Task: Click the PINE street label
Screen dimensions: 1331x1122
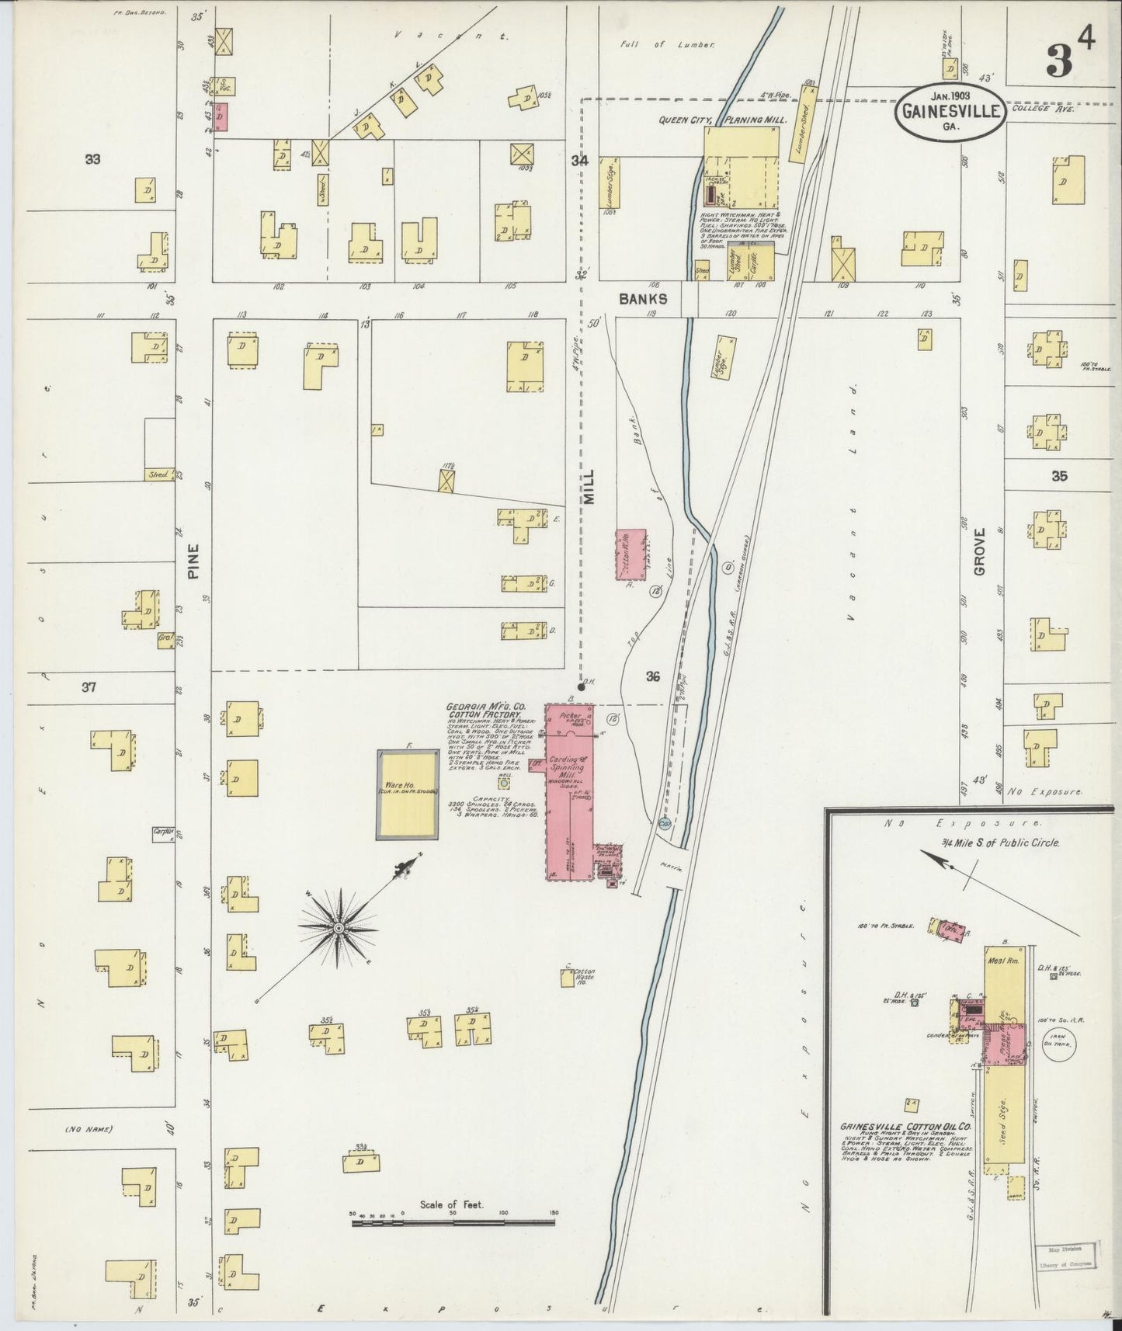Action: tap(193, 561)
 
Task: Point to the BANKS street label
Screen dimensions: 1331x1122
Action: tap(643, 297)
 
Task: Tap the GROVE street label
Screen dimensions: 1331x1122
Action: tap(978, 551)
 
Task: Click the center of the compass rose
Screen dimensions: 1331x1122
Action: tap(339, 929)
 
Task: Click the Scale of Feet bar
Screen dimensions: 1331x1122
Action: tap(453, 1223)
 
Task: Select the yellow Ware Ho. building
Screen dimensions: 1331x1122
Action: tap(407, 794)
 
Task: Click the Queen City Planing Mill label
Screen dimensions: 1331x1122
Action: tap(722, 120)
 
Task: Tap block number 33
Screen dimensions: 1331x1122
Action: tap(92, 160)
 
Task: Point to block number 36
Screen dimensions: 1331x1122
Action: tap(652, 676)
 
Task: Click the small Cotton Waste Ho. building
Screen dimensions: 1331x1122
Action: tap(568, 978)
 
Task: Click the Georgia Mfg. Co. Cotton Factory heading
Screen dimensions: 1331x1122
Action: tap(486, 711)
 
